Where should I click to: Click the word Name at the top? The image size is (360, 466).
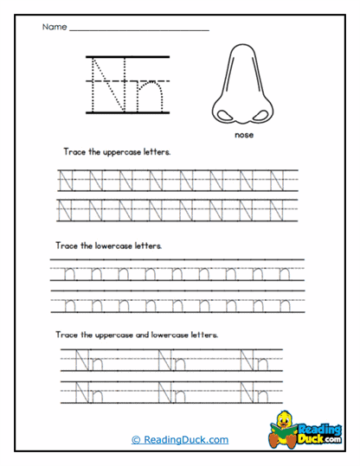pyautogui.click(x=54, y=27)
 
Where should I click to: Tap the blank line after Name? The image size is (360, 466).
pyautogui.click(x=138, y=29)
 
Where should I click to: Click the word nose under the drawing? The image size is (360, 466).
pyautogui.click(x=242, y=135)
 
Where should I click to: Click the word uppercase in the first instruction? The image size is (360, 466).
pyautogui.click(x=122, y=150)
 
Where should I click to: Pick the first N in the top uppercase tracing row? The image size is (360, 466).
pyautogui.click(x=65, y=181)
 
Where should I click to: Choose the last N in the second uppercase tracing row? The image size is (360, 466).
pyautogui.click(x=277, y=209)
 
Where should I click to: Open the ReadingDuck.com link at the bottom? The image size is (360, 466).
pyautogui.click(x=180, y=440)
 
